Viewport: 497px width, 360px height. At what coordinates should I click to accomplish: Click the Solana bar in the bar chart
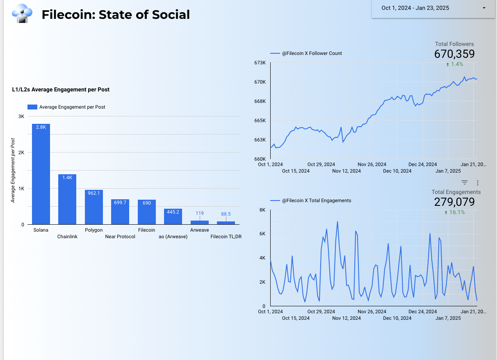coord(41,174)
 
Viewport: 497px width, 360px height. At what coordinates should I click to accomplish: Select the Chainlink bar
coord(67,200)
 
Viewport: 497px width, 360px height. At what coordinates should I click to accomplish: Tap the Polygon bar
coord(93,207)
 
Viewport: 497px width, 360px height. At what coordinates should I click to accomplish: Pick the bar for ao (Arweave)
coord(173,216)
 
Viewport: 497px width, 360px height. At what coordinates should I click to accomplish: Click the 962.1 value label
coord(93,193)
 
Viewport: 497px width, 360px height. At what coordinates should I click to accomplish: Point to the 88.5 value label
coord(226,214)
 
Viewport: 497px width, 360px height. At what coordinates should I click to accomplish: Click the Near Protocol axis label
coord(120,237)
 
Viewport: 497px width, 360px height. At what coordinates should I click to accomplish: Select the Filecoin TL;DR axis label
coord(226,237)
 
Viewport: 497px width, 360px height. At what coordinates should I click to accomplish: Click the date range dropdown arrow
coord(484,8)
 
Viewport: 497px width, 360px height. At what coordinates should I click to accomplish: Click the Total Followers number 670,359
coord(454,54)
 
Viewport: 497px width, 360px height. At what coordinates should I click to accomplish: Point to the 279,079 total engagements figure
coord(454,202)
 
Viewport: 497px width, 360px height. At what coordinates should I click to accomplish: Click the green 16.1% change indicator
coord(455,212)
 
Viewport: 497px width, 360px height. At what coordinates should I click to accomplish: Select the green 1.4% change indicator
coord(455,64)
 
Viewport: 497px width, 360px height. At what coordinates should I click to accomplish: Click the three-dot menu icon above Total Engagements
coord(477,183)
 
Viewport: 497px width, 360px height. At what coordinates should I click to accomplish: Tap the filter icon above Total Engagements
coord(465,183)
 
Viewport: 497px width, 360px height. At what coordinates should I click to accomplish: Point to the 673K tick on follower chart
coord(260,63)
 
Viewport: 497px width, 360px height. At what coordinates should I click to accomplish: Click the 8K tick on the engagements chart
coord(262,210)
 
